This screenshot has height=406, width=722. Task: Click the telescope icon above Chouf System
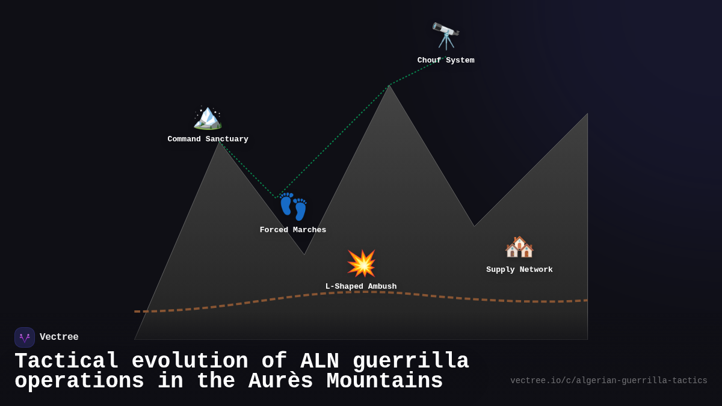[446, 36]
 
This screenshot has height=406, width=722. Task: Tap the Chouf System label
[446, 61]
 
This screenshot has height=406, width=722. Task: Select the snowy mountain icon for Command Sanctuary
[208, 116]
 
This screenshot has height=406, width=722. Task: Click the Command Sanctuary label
[208, 140]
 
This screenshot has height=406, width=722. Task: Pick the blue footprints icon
[293, 207]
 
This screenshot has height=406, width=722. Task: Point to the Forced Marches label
[293, 230]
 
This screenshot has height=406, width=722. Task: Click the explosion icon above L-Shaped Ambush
[361, 263]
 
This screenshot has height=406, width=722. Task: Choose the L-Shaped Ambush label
[361, 287]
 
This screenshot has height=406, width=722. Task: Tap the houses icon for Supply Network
[519, 247]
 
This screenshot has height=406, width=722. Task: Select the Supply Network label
[519, 270]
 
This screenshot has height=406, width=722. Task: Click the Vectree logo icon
[25, 337]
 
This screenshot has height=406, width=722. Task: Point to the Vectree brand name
[59, 337]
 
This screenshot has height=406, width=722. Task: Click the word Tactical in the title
[67, 361]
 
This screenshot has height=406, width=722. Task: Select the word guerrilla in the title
[410, 361]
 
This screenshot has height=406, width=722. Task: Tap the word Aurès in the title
[280, 382]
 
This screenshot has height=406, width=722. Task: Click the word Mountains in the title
[384, 382]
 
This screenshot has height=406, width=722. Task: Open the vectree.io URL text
[608, 381]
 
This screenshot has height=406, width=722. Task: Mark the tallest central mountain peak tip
[390, 86]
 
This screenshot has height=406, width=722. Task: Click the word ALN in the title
[319, 361]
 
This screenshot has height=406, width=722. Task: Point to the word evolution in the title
[190, 361]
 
